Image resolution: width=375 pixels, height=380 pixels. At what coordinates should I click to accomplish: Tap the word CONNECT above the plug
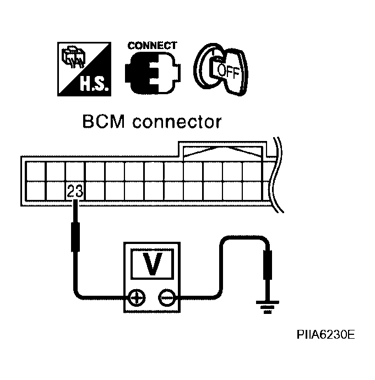coord(153,46)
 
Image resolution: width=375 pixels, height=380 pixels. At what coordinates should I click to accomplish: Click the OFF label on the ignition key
coord(229,72)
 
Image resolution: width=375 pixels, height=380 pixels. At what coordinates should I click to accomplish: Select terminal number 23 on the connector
coord(74,192)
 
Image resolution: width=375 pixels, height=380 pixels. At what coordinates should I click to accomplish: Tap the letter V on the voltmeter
coord(150,263)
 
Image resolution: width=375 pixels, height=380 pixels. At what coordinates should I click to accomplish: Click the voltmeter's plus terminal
coord(135,298)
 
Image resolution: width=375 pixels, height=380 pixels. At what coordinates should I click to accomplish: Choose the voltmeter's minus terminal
coord(165,298)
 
